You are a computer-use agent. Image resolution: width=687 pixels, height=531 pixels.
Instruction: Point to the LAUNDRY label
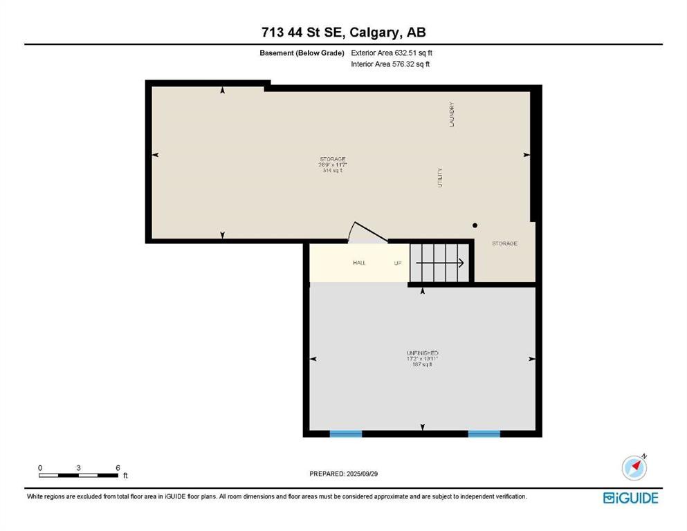coord(451,115)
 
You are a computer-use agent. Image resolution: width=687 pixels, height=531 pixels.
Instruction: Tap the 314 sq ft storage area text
coord(333,171)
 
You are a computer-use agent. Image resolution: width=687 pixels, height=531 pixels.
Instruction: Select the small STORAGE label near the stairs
coord(504,243)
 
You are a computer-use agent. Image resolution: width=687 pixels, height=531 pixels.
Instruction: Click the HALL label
coord(359,263)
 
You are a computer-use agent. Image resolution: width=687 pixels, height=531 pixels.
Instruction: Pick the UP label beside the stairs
coord(398,263)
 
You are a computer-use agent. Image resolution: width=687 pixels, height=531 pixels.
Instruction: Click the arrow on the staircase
coord(440,263)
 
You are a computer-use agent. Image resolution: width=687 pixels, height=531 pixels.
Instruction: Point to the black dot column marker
coord(475,225)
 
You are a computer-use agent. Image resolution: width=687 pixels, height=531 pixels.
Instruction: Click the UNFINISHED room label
coord(422,353)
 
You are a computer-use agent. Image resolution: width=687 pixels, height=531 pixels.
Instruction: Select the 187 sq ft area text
coord(422,365)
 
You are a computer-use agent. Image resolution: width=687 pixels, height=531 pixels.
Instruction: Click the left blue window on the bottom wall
coord(345,434)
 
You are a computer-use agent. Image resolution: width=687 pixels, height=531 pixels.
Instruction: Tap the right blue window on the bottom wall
coord(484,434)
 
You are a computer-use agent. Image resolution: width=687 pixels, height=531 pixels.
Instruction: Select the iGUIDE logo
coord(630,498)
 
